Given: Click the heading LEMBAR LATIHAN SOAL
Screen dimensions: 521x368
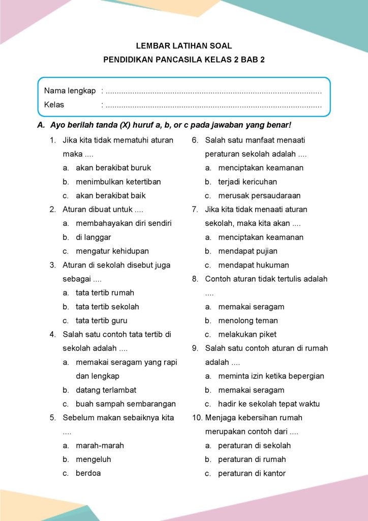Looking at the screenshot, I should [183, 46].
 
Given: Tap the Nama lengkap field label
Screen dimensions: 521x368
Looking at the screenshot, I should [70, 91].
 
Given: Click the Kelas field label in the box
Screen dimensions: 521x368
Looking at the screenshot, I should [54, 105].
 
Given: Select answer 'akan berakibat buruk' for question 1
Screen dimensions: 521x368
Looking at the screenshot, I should [113, 167].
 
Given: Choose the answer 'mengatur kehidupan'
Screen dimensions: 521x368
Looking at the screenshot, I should [112, 251].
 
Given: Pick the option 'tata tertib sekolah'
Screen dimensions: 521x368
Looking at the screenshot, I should [107, 307].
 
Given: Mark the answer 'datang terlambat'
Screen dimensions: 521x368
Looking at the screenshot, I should [106, 390].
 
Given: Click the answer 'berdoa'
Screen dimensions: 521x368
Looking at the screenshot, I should [88, 473].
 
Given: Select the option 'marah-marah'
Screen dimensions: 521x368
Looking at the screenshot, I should [100, 446].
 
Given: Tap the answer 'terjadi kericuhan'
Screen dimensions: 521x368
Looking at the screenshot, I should [248, 182].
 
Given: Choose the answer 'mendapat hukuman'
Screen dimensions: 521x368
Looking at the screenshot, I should [254, 265].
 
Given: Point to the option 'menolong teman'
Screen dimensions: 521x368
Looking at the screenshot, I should [248, 321].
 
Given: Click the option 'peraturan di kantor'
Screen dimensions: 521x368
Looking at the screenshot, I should [252, 473].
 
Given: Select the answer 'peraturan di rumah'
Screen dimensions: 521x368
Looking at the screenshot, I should [252, 459].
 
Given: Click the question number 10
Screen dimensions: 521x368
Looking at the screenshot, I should [197, 418].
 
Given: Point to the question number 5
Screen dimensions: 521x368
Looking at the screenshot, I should [52, 418].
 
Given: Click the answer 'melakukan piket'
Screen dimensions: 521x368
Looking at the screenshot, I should [248, 334].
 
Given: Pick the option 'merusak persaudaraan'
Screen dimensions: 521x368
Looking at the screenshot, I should [259, 195].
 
